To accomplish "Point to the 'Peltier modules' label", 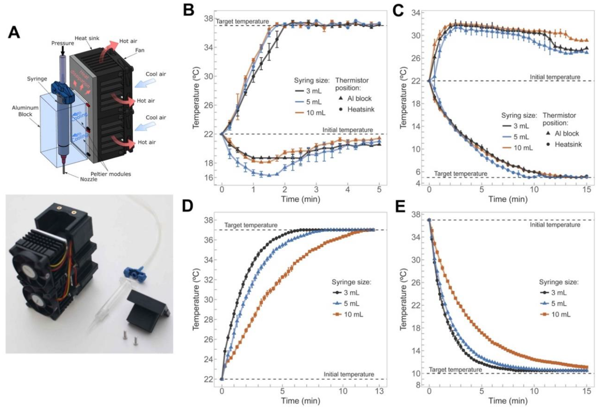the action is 111,174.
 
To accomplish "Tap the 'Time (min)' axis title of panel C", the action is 508,199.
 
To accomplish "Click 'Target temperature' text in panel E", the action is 455,370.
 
